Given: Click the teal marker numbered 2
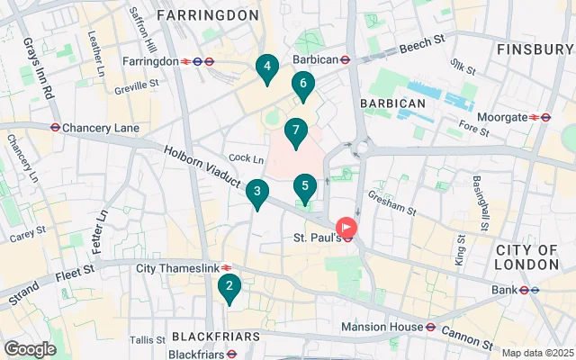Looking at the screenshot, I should click(x=229, y=288).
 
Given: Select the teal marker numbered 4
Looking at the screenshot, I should click(x=265, y=67).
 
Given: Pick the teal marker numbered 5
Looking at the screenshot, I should click(x=305, y=187).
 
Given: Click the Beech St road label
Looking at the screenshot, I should click(x=423, y=44).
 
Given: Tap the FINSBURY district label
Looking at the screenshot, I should click(x=534, y=49).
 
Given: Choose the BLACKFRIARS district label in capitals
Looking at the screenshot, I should click(x=216, y=336).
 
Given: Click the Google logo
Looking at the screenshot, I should click(x=30, y=348).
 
